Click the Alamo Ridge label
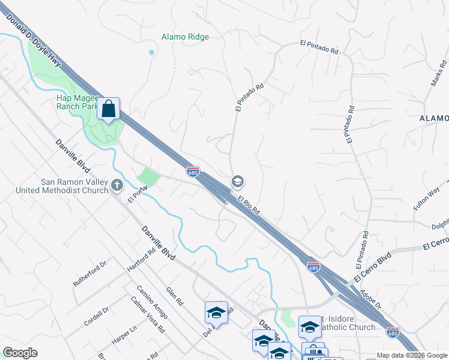click(x=185, y=37)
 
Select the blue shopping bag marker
click(x=108, y=109)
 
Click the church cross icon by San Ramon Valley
click(x=116, y=184)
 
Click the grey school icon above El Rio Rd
click(x=237, y=181)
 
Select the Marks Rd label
click(x=438, y=73)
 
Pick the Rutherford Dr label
click(x=89, y=272)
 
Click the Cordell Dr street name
click(x=96, y=316)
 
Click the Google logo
click(x=20, y=353)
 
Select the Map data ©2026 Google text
click(x=412, y=355)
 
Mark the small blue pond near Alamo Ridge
click(x=151, y=52)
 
